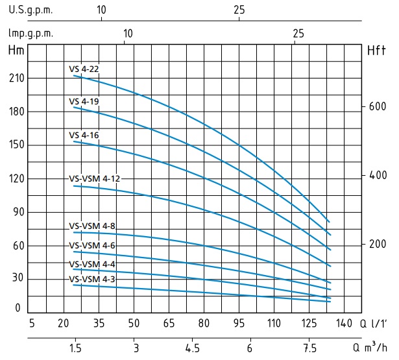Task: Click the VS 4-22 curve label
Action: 84,68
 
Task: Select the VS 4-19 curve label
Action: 84,102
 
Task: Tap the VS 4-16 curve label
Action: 84,135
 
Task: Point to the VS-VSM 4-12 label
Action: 95,178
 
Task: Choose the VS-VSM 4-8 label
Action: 92,226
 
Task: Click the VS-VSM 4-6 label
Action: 92,245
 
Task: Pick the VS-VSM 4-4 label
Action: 92,264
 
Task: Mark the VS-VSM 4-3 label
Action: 92,279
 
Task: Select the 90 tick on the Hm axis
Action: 18,212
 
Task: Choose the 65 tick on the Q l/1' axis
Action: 169,323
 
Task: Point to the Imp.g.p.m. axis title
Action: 31,33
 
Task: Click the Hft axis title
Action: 376,50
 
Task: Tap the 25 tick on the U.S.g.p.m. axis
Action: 239,11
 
